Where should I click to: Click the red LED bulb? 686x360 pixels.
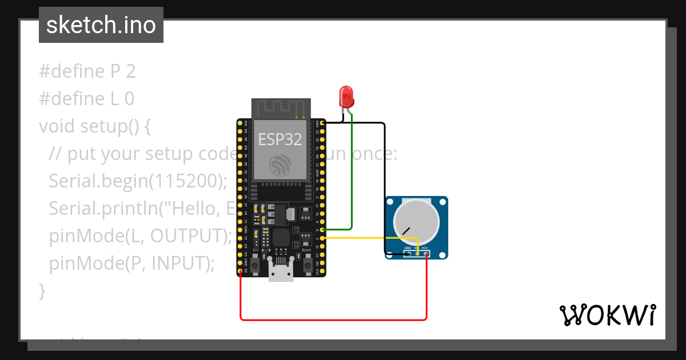point(346,97)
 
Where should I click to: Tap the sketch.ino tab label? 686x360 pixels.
point(101,25)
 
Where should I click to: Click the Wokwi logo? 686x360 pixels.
point(607,315)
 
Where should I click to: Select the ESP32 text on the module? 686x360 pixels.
point(280,139)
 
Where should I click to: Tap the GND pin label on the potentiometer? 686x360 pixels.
point(408,248)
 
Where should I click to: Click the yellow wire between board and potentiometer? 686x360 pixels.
point(372,238)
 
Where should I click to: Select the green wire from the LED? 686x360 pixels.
point(352,171)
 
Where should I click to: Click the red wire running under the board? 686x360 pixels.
point(332,319)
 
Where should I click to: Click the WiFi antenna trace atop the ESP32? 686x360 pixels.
point(280,107)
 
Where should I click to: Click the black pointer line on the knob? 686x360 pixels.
point(406,231)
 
